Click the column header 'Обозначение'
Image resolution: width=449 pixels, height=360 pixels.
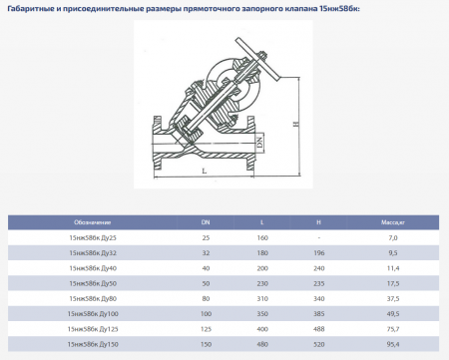pyautogui.click(x=92, y=222)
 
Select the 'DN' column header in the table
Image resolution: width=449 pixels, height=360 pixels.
pyautogui.click(x=207, y=222)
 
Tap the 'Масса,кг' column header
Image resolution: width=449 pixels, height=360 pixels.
pyautogui.click(x=392, y=222)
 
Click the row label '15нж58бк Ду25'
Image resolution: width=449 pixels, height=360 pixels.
pyautogui.click(x=92, y=238)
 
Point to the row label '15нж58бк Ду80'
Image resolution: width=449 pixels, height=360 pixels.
pyautogui.click(x=92, y=298)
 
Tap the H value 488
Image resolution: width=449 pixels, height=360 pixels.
pyautogui.click(x=319, y=328)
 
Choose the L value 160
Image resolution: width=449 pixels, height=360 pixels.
pyautogui.click(x=262, y=238)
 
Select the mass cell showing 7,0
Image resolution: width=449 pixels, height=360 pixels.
pyautogui.click(x=392, y=238)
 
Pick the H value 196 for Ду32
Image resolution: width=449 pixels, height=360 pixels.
pyautogui.click(x=319, y=253)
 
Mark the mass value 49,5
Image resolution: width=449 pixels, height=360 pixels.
pyautogui.click(x=392, y=313)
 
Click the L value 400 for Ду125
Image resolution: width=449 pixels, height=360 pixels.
pyautogui.click(x=262, y=328)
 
